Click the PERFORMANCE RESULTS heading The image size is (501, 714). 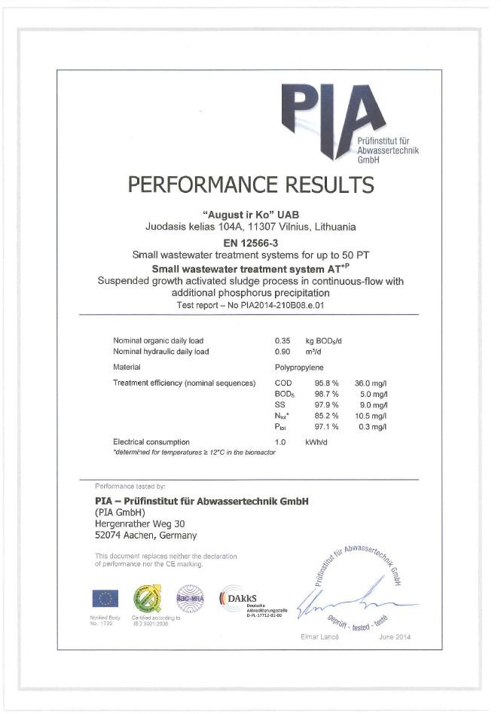(250, 185)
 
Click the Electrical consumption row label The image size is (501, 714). (151, 441)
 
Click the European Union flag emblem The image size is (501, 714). (105, 599)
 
